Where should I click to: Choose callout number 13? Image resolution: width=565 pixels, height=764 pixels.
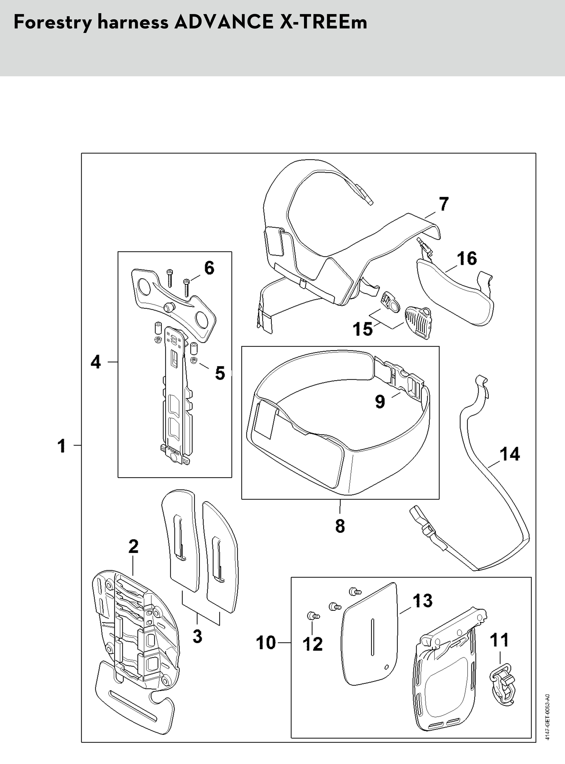point(422,601)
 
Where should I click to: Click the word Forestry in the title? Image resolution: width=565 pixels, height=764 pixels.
point(53,23)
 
